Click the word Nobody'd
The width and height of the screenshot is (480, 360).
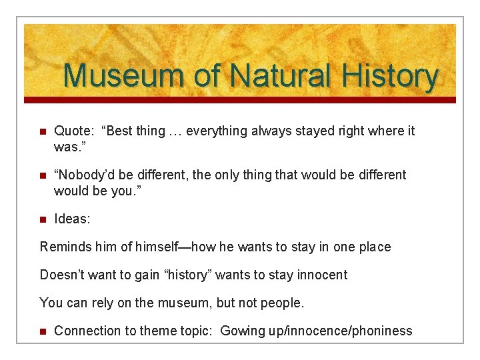(x=83, y=175)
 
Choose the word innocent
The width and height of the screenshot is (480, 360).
(x=323, y=275)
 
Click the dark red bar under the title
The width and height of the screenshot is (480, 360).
(x=240, y=100)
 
